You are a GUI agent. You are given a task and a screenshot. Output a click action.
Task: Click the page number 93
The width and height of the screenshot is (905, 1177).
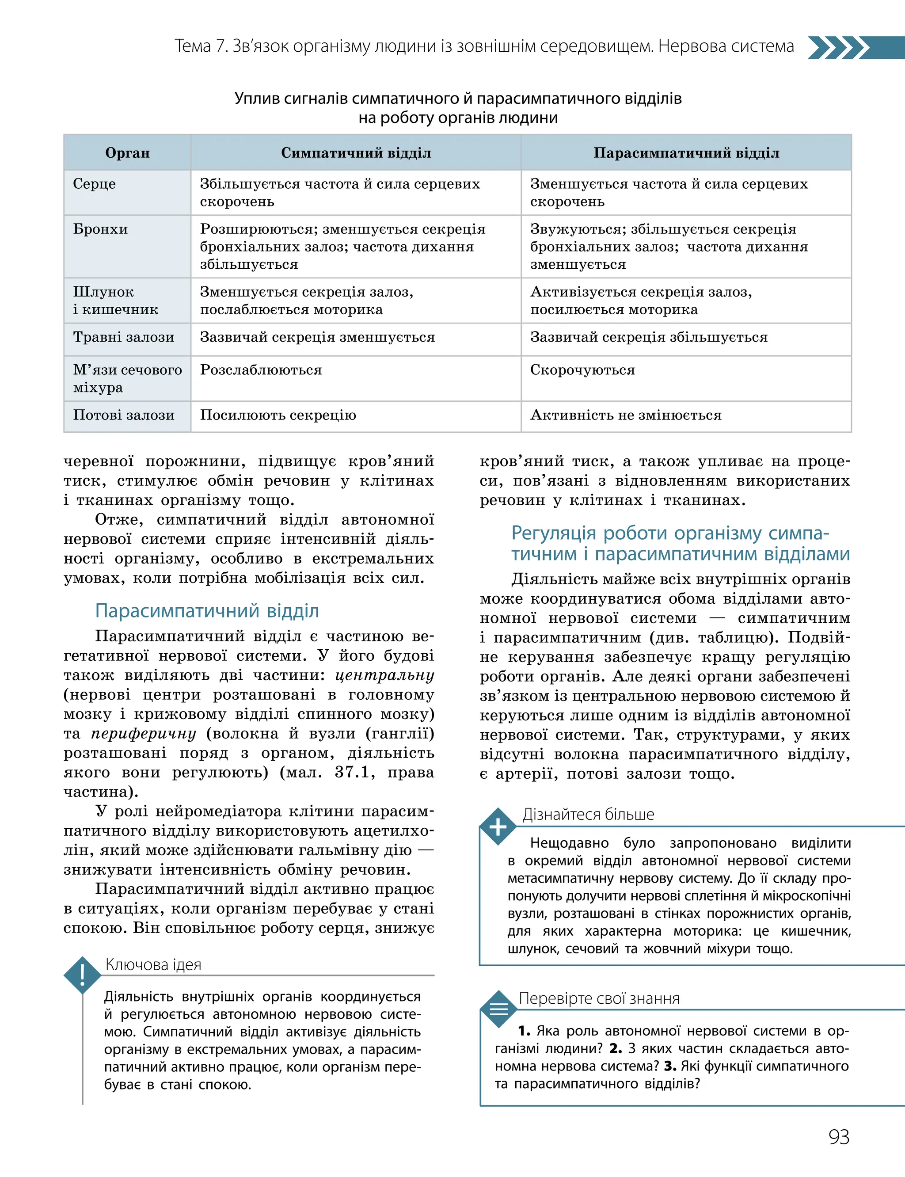[839, 1137]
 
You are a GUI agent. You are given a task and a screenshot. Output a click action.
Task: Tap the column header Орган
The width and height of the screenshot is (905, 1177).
[127, 153]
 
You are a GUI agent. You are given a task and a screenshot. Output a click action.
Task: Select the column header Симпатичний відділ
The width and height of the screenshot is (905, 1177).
[356, 153]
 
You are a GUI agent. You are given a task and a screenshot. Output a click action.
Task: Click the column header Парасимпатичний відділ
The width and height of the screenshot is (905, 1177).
[686, 153]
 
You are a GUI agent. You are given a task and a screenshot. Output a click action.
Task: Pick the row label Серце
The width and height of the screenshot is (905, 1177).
[94, 184]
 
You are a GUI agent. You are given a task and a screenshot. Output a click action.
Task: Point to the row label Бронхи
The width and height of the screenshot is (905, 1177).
[100, 229]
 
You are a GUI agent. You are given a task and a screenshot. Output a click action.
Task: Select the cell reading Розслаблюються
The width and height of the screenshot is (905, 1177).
[261, 369]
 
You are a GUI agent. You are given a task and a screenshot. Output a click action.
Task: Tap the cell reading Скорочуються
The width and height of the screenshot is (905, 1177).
[582, 369]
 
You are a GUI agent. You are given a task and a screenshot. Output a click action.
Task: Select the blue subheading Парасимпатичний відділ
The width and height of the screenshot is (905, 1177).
[207, 611]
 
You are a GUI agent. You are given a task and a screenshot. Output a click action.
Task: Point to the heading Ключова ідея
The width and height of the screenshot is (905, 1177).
[153, 964]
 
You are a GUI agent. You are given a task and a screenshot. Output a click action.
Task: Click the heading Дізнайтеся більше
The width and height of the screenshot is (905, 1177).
[588, 814]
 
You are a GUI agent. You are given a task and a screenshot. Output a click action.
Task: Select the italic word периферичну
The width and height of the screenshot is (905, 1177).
[143, 734]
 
